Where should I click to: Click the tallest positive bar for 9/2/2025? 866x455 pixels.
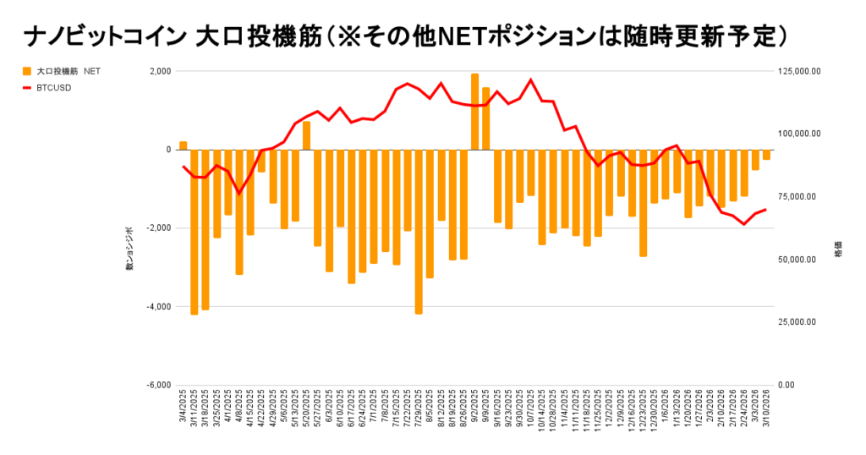[474, 112]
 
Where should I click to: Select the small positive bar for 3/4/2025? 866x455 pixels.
[183, 145]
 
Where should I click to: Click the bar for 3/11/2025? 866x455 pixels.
[195, 232]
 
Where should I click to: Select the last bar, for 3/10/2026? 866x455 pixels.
[766, 155]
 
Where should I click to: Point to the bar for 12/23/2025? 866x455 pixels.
[643, 203]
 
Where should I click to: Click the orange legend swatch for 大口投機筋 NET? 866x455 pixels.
[27, 71]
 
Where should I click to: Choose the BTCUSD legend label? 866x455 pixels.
[53, 87]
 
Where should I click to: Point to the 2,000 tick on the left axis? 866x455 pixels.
[158, 71]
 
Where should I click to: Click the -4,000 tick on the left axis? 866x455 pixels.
[156, 306]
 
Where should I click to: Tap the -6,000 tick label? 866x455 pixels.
[156, 385]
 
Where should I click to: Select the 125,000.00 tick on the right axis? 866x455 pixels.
[797, 71]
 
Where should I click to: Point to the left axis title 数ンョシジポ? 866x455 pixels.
[129, 249]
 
